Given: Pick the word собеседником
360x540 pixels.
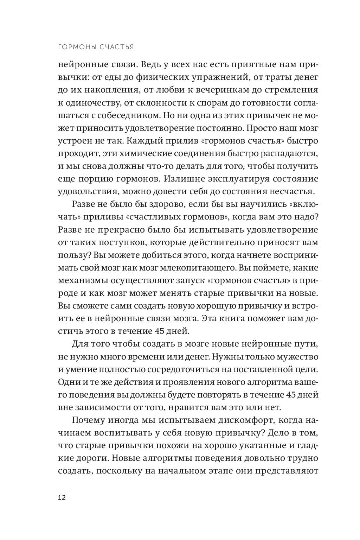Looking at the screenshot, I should click(x=118, y=115).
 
